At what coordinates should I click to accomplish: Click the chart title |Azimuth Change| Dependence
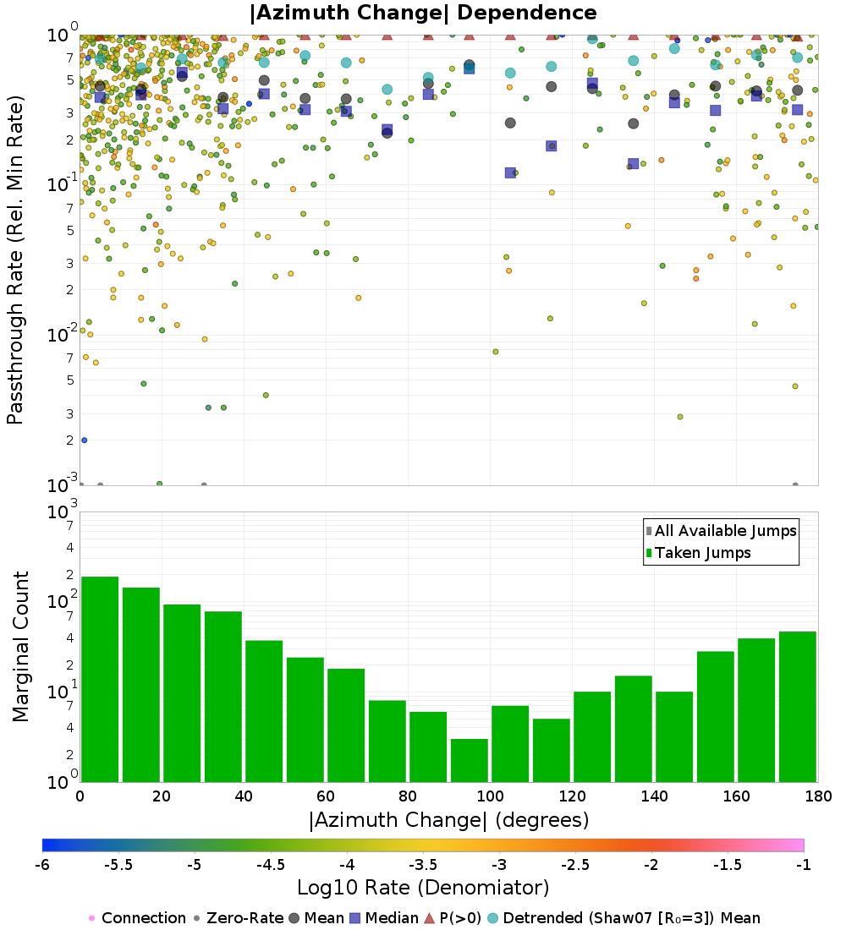(423, 14)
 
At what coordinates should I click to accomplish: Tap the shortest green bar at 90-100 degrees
(469, 760)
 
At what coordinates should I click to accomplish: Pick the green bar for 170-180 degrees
(797, 706)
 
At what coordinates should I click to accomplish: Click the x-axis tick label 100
(490, 796)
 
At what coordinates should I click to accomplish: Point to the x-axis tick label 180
(816, 796)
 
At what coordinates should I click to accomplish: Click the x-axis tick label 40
(244, 796)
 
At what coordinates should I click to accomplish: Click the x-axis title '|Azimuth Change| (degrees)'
(448, 820)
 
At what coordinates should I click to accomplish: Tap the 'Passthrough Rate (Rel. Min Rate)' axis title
(15, 260)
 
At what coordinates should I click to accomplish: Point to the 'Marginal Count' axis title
(20, 647)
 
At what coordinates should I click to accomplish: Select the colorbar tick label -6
(42, 865)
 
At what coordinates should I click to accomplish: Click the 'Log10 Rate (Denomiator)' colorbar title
(423, 888)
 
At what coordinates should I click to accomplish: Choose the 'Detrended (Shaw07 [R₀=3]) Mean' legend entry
(631, 918)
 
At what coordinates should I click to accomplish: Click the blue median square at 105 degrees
(510, 172)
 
